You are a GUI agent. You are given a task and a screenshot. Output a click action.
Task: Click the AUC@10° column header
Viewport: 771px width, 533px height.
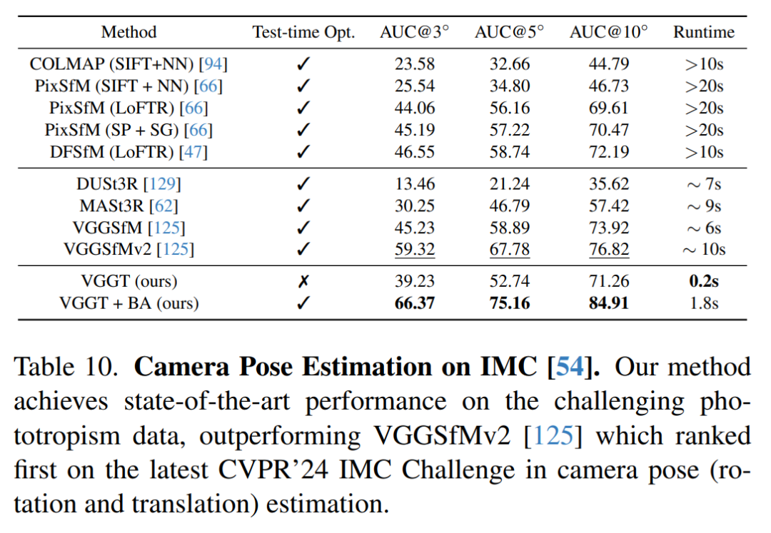(608, 31)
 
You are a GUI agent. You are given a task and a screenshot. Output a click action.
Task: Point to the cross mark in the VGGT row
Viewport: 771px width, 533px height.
(303, 281)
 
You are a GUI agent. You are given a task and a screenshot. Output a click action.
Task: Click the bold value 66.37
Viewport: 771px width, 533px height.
(415, 303)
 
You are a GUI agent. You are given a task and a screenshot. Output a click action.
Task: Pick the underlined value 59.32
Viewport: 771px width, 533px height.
(415, 249)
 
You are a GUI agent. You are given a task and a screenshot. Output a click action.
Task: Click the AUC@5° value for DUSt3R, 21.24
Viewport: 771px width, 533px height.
(509, 184)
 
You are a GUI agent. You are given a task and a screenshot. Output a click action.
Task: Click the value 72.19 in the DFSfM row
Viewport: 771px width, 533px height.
(608, 152)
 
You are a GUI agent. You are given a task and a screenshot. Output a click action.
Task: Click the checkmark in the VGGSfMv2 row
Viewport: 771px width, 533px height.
(303, 249)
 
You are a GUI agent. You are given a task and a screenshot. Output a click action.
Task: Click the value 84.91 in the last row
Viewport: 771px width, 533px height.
(608, 303)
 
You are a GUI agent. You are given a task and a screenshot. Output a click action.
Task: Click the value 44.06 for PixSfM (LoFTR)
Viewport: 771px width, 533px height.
(415, 108)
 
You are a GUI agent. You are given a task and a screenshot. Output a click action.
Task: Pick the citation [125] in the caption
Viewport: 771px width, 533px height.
(552, 436)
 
